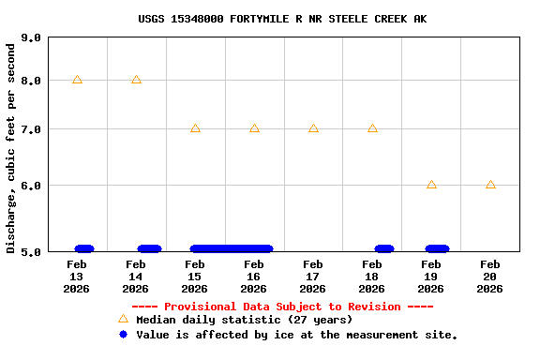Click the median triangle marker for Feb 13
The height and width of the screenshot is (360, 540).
pos(77,80)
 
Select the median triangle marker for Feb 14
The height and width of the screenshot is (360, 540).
pos(136,80)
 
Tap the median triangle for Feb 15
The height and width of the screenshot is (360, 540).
pos(195,127)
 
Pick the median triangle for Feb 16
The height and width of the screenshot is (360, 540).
pos(254,127)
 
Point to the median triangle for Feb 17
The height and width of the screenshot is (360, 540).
pos(313,127)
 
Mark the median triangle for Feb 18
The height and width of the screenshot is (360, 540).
pos(372,127)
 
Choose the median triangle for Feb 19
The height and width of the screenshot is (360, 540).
pos(431,185)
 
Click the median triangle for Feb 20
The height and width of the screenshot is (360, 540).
pos(490,185)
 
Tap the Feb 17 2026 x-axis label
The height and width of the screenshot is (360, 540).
pos(313,277)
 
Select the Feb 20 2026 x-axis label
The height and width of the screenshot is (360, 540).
pos(490,277)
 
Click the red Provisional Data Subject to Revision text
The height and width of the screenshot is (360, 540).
pos(282,307)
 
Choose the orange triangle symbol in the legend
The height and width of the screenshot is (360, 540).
pos(123,319)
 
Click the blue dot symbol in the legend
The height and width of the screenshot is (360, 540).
pos(123,334)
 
